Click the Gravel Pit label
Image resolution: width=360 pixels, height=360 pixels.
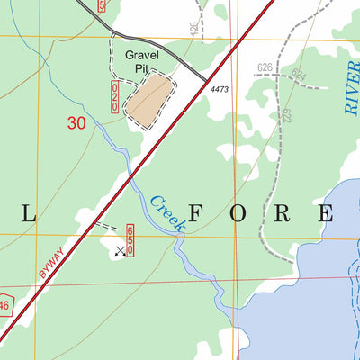146,62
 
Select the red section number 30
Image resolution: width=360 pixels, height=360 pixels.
77,125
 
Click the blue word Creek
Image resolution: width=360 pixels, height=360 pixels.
167,213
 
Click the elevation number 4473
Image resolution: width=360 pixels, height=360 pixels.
221,88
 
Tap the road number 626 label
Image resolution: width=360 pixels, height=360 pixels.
264,67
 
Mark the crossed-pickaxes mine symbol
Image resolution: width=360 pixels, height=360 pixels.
120,251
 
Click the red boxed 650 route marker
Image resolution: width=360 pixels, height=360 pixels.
130,239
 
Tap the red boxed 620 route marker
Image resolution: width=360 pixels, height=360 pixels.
114,95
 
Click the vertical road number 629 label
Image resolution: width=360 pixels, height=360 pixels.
287,115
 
